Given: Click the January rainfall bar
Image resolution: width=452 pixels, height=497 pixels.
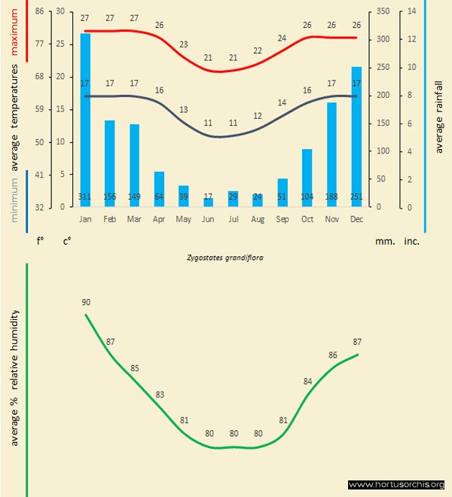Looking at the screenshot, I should click(85, 120).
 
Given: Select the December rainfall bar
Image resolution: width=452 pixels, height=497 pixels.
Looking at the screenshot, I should click(356, 136).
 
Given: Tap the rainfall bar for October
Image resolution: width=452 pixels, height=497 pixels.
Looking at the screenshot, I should click(307, 178).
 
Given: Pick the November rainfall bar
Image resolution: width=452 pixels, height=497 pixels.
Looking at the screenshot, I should click(331, 154).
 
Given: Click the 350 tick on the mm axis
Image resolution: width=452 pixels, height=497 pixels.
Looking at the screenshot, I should click(384, 11).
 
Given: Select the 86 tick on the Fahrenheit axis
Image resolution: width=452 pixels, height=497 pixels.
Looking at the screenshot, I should click(39, 11).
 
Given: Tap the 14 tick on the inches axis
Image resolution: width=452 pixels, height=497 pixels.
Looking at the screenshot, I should click(411, 11).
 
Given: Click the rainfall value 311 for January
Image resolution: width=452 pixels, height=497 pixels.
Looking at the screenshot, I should click(85, 197).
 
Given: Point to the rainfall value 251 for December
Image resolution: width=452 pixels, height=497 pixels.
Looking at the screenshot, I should click(356, 197).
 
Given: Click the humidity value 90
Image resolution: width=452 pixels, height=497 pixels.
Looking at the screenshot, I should click(86, 302).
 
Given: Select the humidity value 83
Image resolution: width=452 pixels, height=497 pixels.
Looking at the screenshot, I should click(160, 395).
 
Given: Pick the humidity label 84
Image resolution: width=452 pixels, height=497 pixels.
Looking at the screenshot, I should click(307, 381).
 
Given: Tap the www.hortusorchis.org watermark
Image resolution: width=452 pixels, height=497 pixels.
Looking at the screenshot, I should click(397, 484).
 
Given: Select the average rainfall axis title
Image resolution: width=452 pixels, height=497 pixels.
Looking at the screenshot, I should click(440, 110).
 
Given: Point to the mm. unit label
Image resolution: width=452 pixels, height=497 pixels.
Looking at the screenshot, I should click(384, 242).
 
